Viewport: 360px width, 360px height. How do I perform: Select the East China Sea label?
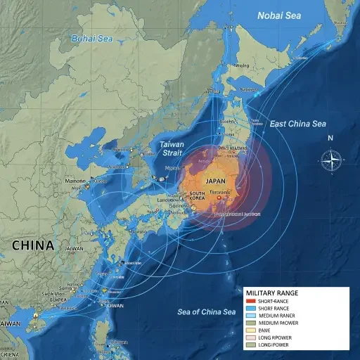click(298, 124)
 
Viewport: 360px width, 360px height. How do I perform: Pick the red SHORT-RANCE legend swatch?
click(251, 302)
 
